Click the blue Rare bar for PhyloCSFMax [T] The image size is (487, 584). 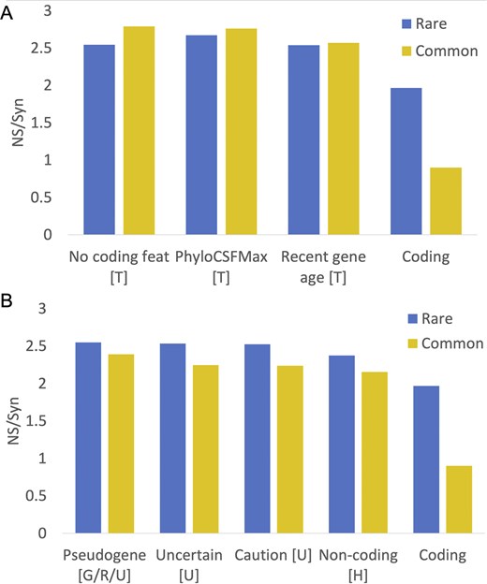[201, 135]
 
